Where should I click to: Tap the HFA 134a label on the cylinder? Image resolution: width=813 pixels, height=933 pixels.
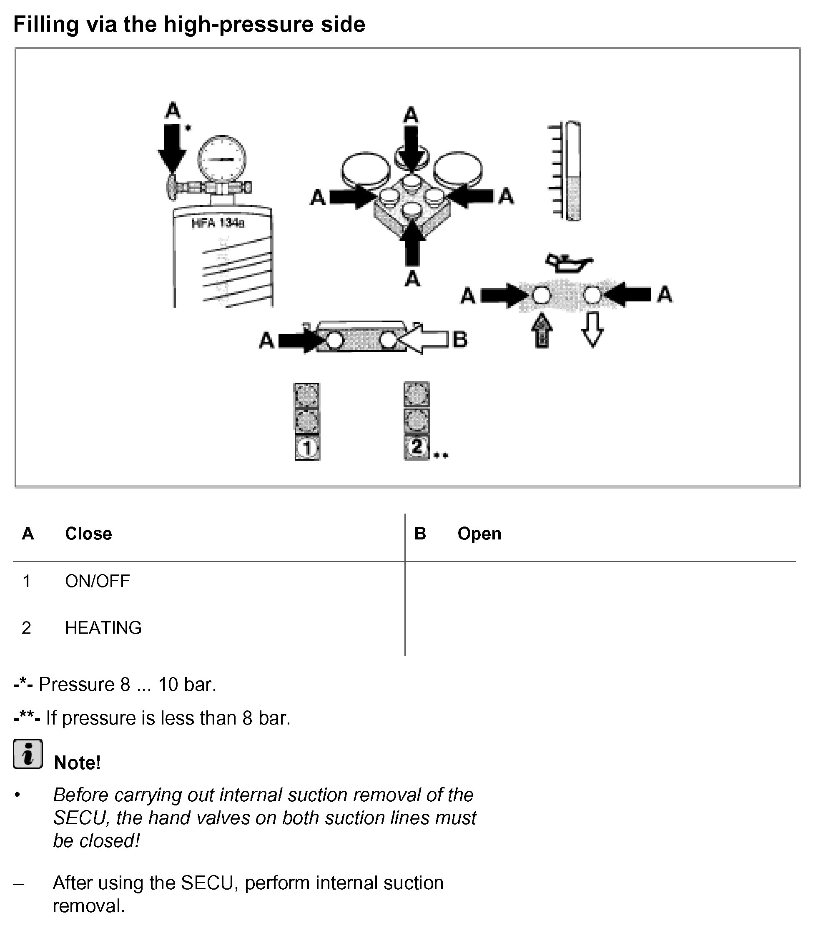tap(218, 223)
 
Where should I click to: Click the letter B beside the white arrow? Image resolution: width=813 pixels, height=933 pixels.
tap(459, 339)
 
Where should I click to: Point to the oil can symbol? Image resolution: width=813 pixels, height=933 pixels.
tap(568, 263)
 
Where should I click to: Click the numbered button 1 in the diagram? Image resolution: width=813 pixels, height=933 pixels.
tap(307, 448)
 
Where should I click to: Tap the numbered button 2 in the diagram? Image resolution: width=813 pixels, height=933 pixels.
tap(417, 447)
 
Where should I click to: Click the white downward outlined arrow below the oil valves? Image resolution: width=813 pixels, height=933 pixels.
tap(592, 329)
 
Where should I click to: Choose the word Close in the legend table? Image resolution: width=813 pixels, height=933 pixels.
tap(88, 534)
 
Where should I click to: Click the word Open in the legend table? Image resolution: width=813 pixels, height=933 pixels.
tap(479, 534)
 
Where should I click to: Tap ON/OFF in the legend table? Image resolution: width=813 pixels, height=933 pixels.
tap(98, 581)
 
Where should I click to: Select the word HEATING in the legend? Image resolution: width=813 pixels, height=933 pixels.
tap(103, 628)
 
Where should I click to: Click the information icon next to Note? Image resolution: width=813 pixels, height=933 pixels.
tap(28, 754)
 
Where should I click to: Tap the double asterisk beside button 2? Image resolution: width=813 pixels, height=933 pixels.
tap(441, 455)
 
